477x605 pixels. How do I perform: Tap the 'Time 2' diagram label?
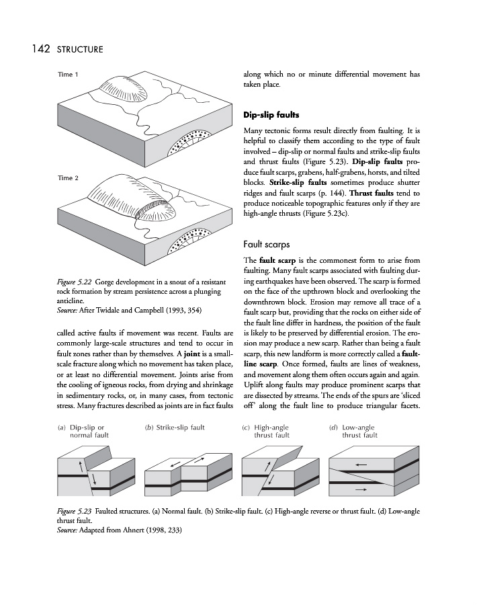69,178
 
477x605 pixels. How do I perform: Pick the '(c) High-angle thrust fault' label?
267,431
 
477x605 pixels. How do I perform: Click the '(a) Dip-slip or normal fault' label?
83,431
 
